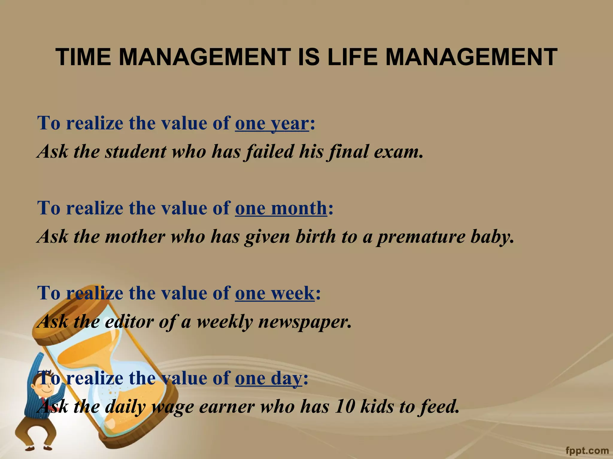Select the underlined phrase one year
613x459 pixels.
(271, 123)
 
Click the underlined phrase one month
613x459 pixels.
(281, 208)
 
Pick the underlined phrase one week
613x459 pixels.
(274, 293)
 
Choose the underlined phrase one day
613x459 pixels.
(268, 378)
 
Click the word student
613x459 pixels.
(135, 151)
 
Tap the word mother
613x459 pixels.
(134, 236)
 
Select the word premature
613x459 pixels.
(421, 236)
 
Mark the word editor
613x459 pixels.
(129, 322)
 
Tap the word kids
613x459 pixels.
(377, 406)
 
